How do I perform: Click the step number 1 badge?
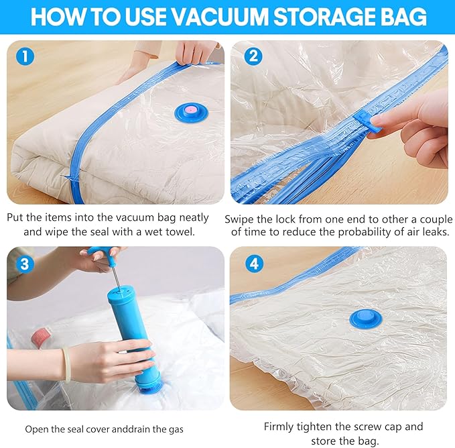click(25, 56)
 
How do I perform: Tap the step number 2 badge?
click(253, 56)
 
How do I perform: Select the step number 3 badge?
click(25, 264)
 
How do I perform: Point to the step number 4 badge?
click(254, 264)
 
